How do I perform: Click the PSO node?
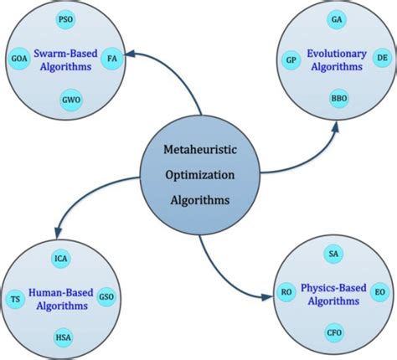[65, 19]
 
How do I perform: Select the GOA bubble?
[19, 59]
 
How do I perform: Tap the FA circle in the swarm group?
[112, 59]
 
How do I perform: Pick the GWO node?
[71, 100]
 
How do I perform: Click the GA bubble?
[337, 19]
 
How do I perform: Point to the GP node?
[291, 60]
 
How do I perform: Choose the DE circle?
[382, 58]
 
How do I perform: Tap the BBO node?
[339, 99]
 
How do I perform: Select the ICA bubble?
[61, 259]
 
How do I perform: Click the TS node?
[15, 299]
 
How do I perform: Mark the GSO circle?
[106, 296]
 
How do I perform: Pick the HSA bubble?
[64, 337]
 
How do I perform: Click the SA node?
[333, 254]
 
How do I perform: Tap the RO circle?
[286, 292]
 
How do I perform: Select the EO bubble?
[379, 292]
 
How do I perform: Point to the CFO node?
[334, 332]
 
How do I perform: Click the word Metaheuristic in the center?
[200, 150]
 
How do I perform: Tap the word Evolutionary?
[337, 54]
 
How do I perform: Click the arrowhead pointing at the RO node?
[267, 297]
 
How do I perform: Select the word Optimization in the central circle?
[200, 176]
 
